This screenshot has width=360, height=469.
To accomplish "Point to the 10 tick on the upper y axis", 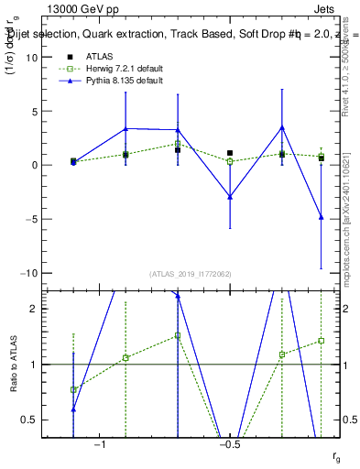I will pos(35,58).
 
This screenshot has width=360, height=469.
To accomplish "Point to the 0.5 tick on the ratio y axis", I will pos(33,420).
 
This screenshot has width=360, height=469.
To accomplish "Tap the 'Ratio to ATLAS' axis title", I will pos(12,365).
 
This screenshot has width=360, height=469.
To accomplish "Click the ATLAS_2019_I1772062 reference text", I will pos(191,273).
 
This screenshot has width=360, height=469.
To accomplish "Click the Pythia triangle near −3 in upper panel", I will pos(230,197).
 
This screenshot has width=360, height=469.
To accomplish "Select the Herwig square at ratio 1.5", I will pos(178,336).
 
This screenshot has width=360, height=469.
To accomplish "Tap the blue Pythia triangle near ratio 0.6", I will pos(73,409).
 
